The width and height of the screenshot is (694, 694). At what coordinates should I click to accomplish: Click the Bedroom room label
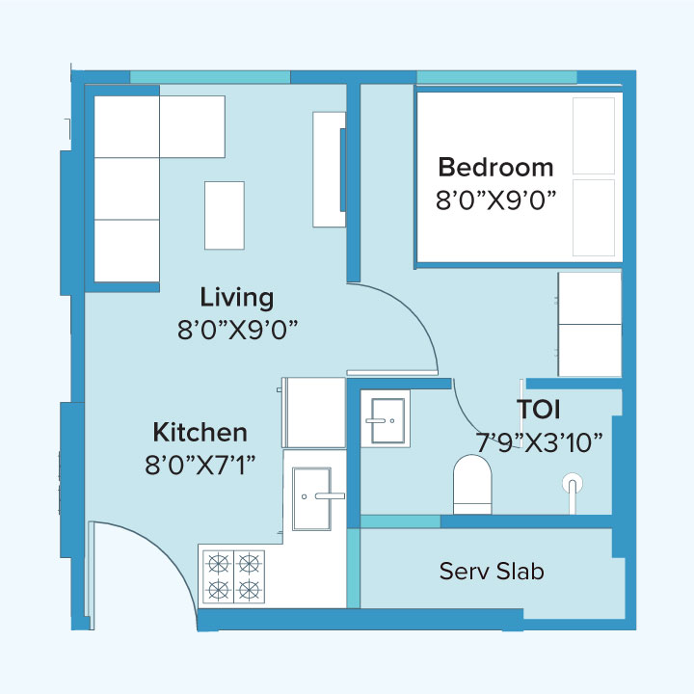click(x=495, y=167)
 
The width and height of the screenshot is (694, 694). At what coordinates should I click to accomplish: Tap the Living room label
click(x=236, y=297)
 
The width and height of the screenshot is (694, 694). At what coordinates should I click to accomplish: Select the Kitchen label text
click(x=200, y=433)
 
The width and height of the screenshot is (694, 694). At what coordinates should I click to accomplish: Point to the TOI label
click(x=539, y=410)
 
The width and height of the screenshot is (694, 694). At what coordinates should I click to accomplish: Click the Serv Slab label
click(x=492, y=571)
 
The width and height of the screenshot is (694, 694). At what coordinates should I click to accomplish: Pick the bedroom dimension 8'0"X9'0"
click(x=497, y=200)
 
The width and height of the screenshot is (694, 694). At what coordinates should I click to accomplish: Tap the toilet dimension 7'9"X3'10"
click(x=540, y=442)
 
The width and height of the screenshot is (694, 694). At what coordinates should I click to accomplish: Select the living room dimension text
click(x=237, y=329)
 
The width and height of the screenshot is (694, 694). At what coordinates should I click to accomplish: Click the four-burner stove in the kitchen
click(x=232, y=575)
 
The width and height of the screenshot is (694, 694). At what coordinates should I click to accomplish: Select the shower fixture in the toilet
click(x=574, y=483)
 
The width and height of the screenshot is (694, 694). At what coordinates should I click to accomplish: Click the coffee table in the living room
click(x=224, y=215)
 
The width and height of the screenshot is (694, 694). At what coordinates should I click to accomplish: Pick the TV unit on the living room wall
click(x=329, y=169)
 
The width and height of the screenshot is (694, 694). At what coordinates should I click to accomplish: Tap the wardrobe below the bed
click(x=590, y=324)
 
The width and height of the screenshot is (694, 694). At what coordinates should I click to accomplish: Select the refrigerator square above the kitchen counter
click(x=314, y=412)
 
